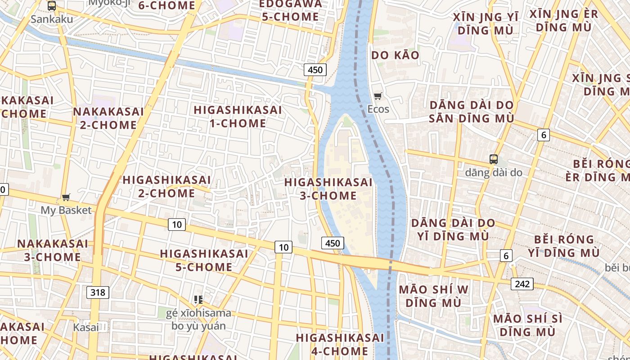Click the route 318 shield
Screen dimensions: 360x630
coord(98,292)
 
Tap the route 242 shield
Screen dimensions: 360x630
coord(522,284)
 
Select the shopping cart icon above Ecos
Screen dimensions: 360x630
coord(378,96)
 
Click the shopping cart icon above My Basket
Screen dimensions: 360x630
coord(66,197)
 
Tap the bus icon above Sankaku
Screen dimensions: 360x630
coord(52,6)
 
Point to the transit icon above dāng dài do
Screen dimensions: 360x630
coord(494,159)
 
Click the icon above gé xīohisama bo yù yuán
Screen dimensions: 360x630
coord(198,299)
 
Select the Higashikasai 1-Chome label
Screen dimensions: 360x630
coord(238,117)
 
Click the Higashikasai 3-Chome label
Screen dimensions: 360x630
coord(328,189)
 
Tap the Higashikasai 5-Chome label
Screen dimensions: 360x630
coord(204,260)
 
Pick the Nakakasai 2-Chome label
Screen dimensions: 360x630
coord(108,118)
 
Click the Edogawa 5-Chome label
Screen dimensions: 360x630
coord(291,10)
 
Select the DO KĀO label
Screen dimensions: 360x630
coord(395,55)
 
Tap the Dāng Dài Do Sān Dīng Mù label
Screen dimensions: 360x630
coord(471,112)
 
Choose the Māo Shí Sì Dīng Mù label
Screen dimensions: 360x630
coord(527,325)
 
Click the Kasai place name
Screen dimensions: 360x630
coord(85,327)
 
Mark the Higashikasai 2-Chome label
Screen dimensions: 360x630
coord(166,186)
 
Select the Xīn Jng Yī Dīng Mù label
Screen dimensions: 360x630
coord(486,24)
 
